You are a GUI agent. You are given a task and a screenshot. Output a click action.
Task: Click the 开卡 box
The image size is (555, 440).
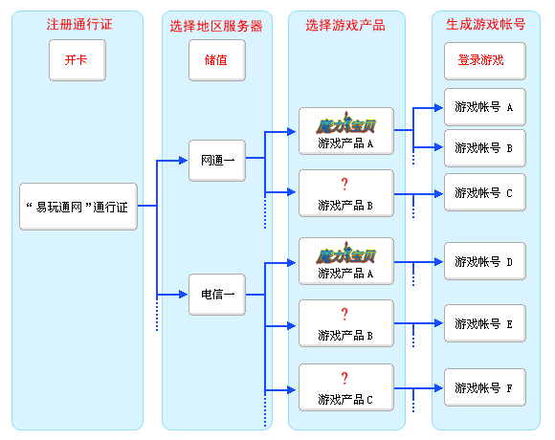tap(78, 60)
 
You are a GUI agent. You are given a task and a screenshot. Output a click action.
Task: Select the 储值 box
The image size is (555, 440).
tap(217, 60)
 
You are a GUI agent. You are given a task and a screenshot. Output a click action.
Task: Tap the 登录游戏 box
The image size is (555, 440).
tap(485, 61)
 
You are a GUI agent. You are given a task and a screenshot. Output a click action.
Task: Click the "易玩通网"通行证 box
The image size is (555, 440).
tap(78, 207)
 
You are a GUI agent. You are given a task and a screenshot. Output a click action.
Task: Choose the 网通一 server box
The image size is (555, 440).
tap(217, 161)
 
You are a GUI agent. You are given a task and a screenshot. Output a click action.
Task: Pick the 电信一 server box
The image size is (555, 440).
tap(217, 295)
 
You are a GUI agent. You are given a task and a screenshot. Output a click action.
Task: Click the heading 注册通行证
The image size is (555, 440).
tap(79, 25)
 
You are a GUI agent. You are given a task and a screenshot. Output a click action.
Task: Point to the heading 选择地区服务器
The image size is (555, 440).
tap(216, 26)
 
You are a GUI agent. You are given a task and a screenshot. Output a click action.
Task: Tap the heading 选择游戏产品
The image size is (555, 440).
tap(345, 26)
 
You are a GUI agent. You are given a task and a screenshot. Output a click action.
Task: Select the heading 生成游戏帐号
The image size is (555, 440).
tap(486, 25)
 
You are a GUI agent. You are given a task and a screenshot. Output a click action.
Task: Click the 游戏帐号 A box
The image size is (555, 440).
tap(485, 107)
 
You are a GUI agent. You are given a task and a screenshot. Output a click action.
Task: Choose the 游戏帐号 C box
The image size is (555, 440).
tap(485, 192)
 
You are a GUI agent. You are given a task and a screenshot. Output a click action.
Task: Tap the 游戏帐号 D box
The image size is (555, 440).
tap(485, 261)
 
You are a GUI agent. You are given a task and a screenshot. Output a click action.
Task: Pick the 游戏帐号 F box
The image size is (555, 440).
tap(485, 387)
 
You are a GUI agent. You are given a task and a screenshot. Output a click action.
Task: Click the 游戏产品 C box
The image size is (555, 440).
tap(346, 387)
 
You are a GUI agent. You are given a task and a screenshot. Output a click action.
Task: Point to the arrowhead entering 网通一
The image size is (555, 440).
tap(184, 161)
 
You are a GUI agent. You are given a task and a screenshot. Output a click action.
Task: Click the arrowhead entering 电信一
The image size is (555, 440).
tap(184, 295)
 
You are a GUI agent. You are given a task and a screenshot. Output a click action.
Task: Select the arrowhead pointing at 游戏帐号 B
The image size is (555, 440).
tap(439, 147)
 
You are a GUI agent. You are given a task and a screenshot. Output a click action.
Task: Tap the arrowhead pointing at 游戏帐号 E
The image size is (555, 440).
tap(439, 323)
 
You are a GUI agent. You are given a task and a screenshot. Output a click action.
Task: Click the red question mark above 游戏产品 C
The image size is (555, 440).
tap(344, 378)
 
